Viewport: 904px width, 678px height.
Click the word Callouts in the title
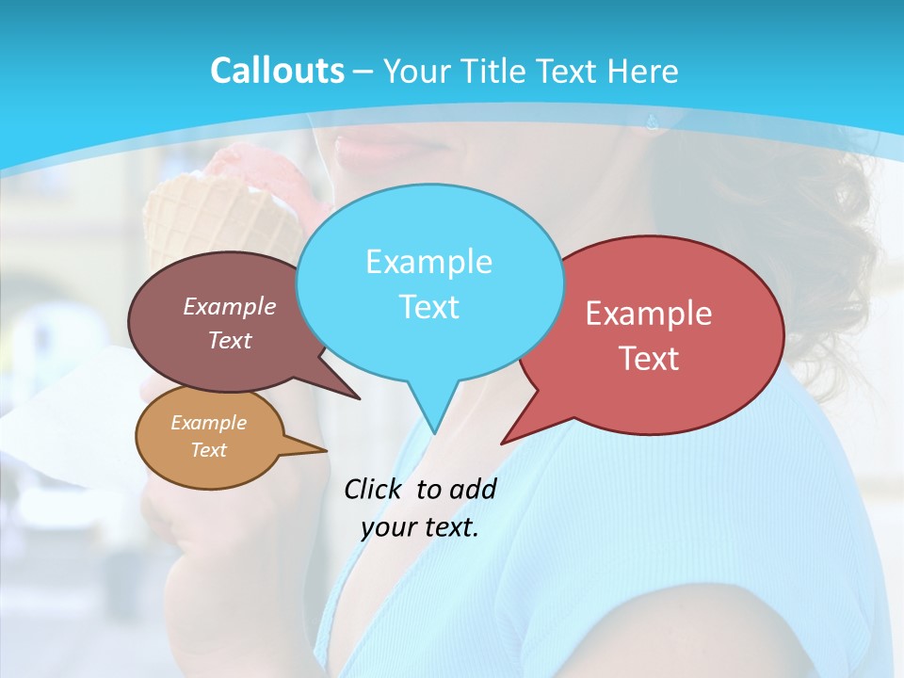tap(277, 71)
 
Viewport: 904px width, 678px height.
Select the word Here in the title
tap(643, 71)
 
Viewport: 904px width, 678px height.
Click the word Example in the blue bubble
tap(428, 262)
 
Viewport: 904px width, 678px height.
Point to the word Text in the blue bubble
tap(428, 307)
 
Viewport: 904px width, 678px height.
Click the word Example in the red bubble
tap(649, 314)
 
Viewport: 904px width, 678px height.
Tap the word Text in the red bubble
tap(649, 359)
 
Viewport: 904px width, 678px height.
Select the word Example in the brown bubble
tap(230, 306)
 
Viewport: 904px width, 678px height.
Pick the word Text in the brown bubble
tap(230, 341)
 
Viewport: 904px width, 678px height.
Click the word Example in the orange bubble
tap(208, 423)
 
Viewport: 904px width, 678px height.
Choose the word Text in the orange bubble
tap(208, 450)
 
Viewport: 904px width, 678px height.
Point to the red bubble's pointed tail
tap(508, 439)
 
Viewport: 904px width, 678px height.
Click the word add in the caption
tap(472, 489)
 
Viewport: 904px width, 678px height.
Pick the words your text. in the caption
tap(420, 527)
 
